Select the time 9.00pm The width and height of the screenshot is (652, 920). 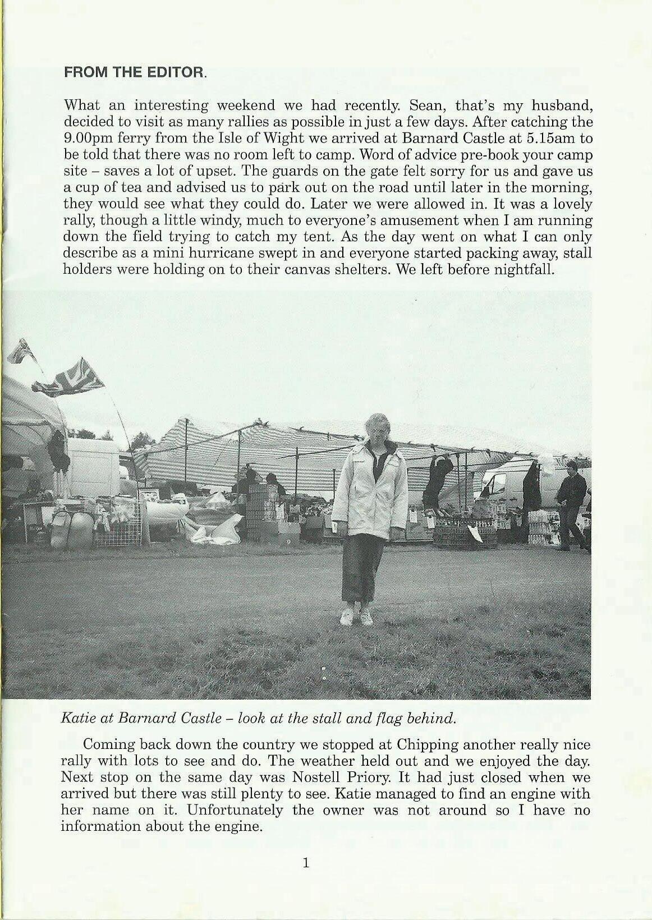point(90,137)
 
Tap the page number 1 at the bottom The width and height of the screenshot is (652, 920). point(306,863)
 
